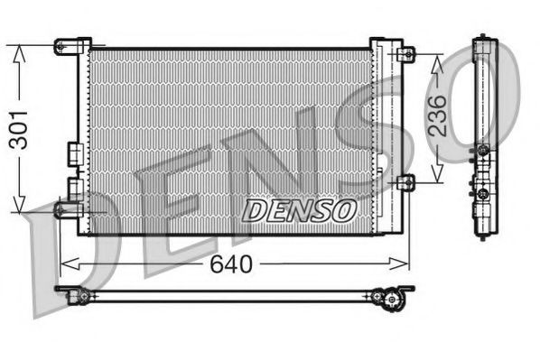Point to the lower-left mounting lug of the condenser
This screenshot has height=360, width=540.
coord(65,209)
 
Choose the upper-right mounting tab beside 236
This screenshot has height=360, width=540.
coord(408,54)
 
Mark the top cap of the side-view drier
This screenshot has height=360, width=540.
coord(485,41)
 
